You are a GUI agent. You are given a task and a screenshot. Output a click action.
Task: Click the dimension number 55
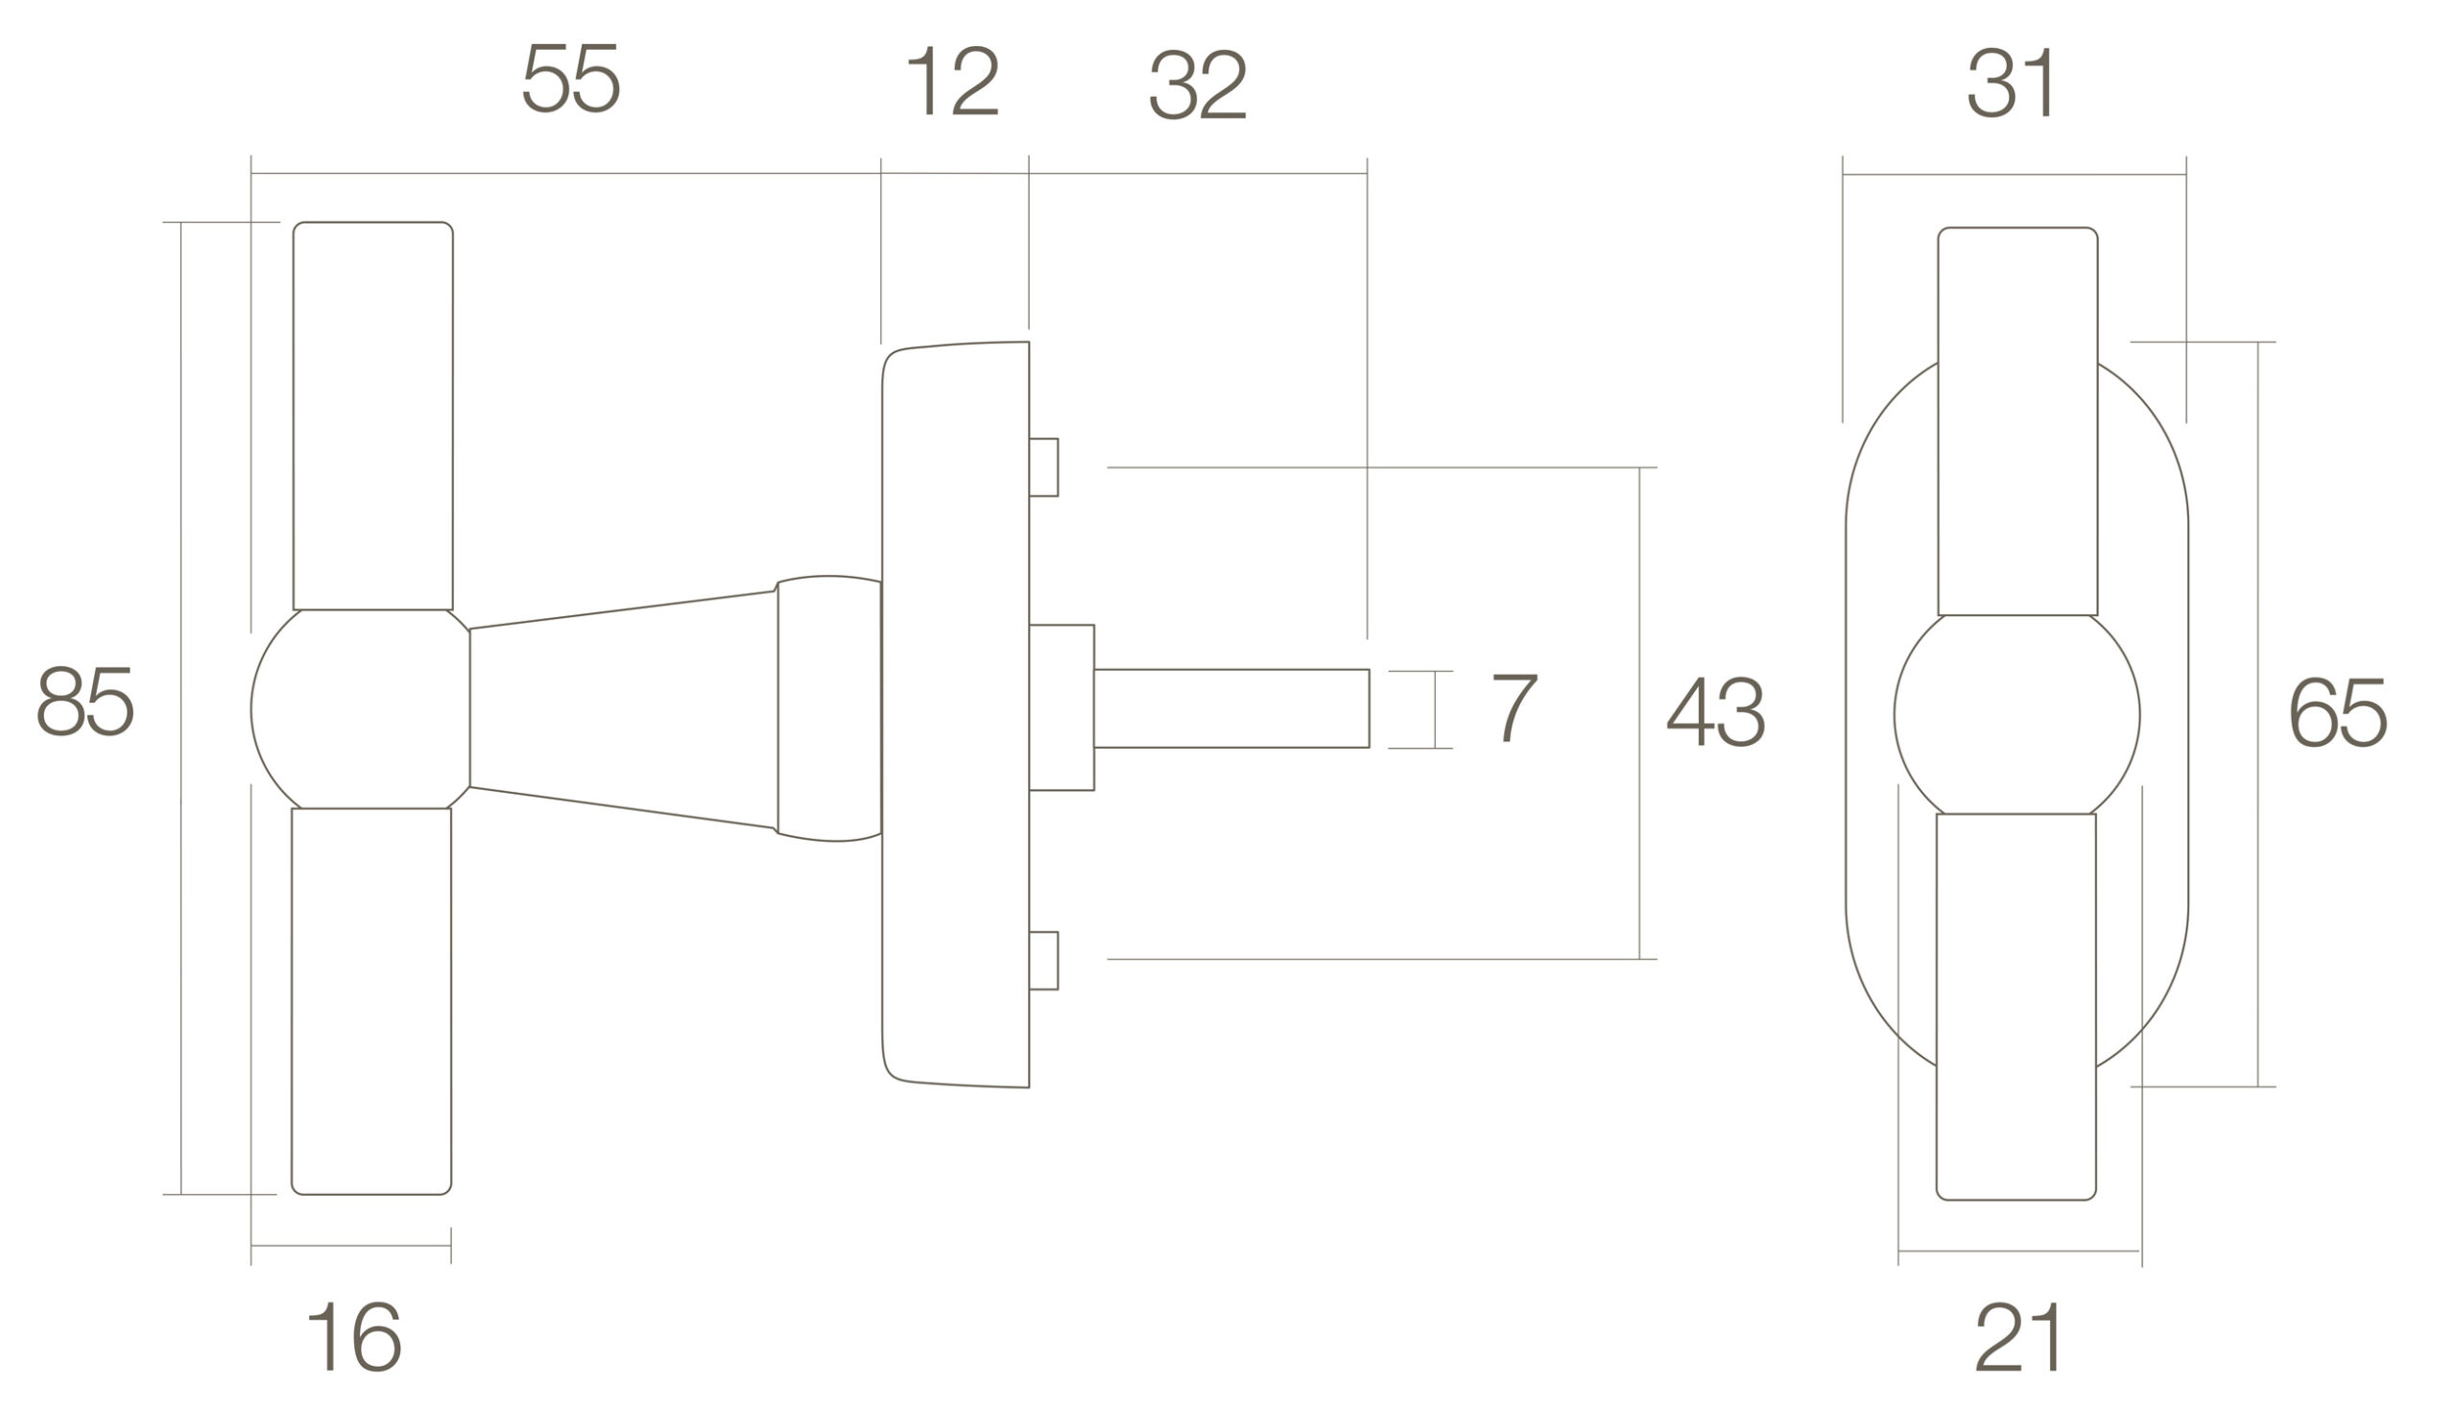click(571, 79)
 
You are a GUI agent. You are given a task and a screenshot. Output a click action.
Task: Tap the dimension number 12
click(953, 81)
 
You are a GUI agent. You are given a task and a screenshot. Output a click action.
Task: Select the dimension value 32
click(1198, 85)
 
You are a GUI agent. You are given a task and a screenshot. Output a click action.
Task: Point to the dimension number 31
click(2012, 84)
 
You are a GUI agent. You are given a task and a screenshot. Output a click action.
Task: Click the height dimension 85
click(85, 701)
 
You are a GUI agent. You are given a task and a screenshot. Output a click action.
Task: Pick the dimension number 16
click(354, 1336)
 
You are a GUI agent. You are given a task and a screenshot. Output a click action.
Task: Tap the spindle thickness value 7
click(1515, 707)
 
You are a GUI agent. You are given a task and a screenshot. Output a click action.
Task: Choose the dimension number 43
click(1716, 711)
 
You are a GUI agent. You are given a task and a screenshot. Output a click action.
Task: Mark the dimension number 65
click(2339, 711)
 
